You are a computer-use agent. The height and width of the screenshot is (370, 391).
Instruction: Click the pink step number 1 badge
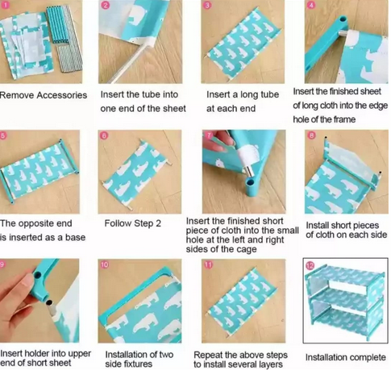click(6, 5)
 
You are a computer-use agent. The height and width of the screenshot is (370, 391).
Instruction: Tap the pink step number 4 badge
click(311, 5)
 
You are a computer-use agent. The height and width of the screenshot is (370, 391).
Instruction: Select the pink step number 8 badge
click(312, 135)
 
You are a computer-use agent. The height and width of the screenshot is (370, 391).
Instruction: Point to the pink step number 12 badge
click(310, 265)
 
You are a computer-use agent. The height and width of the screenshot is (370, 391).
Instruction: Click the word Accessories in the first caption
click(62, 95)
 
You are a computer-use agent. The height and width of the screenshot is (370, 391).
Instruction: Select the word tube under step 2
click(152, 94)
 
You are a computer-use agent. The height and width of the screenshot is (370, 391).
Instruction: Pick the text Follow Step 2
click(133, 223)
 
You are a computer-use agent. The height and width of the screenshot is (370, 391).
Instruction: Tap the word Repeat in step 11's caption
click(208, 355)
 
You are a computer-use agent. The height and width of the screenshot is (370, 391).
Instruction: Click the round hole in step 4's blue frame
click(343, 19)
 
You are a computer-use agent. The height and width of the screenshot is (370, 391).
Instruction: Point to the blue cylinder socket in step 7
click(251, 187)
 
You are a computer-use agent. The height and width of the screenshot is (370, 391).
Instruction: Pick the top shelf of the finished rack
click(345, 276)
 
